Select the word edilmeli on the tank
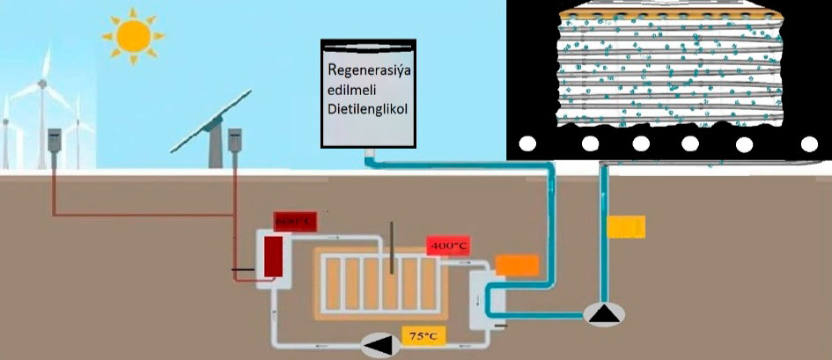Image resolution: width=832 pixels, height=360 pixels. tap(352, 88)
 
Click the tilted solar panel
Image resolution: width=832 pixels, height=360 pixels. tap(210, 120)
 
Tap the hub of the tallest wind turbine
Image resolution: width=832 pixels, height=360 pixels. tap(40, 85)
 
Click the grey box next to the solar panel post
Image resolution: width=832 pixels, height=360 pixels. tap(235, 142)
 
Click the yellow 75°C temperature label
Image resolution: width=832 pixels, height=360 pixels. tap(420, 335)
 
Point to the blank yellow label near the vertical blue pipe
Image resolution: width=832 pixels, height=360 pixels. tap(627, 226)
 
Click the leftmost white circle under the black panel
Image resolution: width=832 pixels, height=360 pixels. tap(529, 143)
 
